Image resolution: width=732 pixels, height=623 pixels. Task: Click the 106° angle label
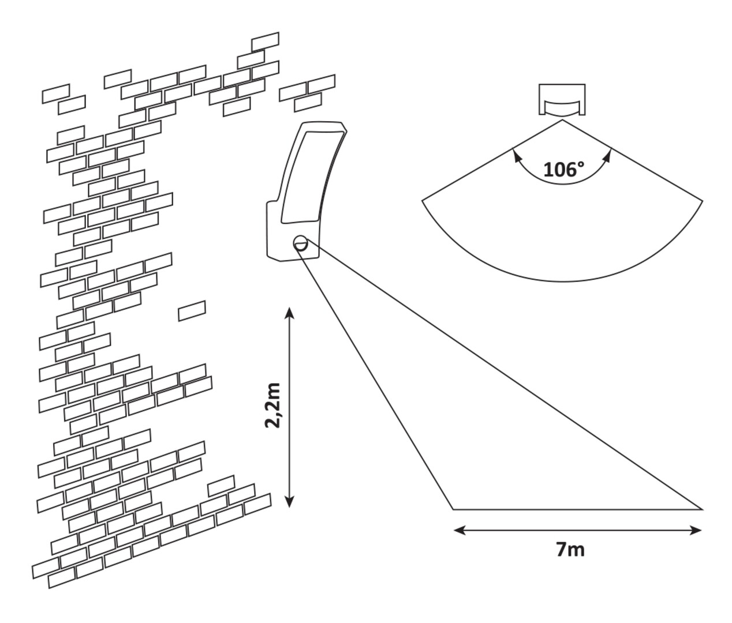click(x=563, y=170)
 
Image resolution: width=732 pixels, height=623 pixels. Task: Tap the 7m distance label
click(x=570, y=550)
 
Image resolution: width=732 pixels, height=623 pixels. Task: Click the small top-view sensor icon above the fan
click(x=562, y=100)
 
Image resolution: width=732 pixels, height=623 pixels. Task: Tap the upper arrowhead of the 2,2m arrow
click(x=290, y=313)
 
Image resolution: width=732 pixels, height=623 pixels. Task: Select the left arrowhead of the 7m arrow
click(x=458, y=530)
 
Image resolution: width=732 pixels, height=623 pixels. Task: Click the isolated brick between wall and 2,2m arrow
click(x=192, y=310)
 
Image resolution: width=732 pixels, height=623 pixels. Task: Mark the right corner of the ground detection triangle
click(x=702, y=509)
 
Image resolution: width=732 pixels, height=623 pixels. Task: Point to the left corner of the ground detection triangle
click(x=453, y=509)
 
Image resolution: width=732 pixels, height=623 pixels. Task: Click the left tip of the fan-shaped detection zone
click(x=423, y=201)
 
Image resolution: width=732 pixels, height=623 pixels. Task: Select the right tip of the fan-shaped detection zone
click(x=703, y=201)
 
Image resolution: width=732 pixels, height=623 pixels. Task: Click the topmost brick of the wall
click(x=266, y=42)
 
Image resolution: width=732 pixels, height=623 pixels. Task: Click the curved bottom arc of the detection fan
click(x=563, y=281)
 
